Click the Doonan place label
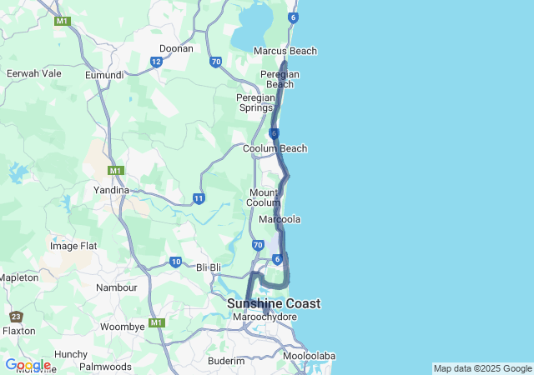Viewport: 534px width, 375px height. [x=176, y=48]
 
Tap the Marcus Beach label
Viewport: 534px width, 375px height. [x=285, y=51]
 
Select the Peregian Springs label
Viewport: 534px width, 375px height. [x=255, y=102]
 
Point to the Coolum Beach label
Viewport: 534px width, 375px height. [x=275, y=148]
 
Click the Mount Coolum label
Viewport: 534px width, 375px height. [x=264, y=198]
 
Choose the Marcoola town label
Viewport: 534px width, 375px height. [x=280, y=219]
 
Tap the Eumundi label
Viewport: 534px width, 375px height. [x=104, y=75]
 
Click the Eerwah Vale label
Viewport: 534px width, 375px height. [x=34, y=73]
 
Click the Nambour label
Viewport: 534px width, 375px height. [x=117, y=287]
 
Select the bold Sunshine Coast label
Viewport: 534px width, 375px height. [x=274, y=304]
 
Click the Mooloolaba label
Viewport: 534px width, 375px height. [x=309, y=356]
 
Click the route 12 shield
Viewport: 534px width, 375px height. [x=156, y=62]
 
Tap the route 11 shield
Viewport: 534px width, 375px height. [x=199, y=198]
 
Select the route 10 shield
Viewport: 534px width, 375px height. [x=175, y=262]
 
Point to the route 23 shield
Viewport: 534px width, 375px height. [x=17, y=317]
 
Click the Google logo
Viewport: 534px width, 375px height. [x=28, y=365]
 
